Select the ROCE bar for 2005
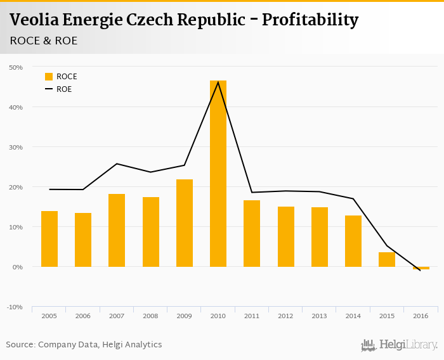(49, 239)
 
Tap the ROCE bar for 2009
(185, 223)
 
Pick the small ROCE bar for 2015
(387, 260)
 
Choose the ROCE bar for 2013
(320, 237)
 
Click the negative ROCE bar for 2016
(421, 268)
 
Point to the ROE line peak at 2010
(218, 82)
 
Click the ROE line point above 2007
(117, 164)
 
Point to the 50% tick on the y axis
(15, 67)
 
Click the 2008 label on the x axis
(151, 316)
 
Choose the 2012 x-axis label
(285, 316)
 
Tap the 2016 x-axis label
(421, 316)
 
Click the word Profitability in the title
(310, 20)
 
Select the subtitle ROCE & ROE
(44, 41)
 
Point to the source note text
(84, 345)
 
